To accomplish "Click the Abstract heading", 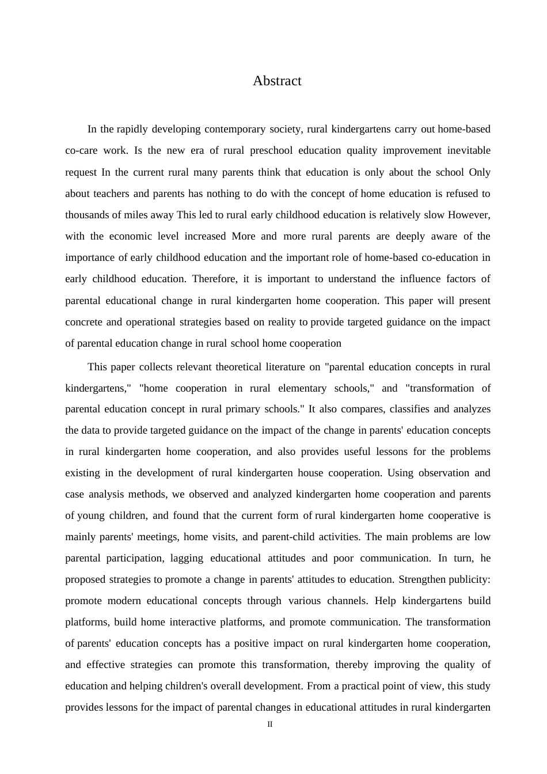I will pos(277,81).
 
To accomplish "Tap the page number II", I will pos(270,724).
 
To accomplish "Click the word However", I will pos(469,215).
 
